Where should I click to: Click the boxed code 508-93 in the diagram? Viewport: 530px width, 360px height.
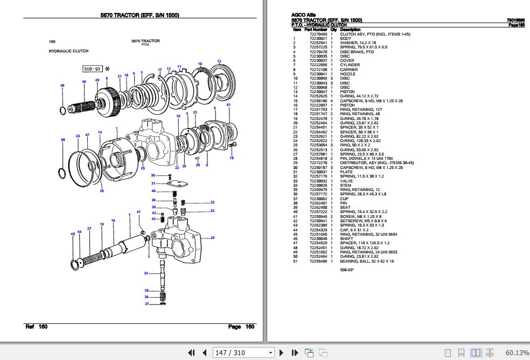92,69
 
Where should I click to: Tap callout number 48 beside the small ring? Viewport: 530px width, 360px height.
62,86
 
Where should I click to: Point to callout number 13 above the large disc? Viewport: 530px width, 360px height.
219,61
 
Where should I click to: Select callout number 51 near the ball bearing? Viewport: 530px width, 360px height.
228,104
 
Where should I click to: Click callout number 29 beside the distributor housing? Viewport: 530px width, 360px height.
212,238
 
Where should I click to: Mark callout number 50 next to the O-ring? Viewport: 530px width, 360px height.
63,140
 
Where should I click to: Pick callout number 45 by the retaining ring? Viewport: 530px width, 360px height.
73,234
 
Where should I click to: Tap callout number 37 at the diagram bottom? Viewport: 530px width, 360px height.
146,304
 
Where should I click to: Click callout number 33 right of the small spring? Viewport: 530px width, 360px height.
212,210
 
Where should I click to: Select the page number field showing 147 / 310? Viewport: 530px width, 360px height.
243,352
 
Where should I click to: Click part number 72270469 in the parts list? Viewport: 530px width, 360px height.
317,34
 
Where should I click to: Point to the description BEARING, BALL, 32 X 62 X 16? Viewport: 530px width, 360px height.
367,262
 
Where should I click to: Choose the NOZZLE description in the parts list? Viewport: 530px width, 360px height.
348,74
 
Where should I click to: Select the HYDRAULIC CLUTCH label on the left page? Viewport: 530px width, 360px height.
68,51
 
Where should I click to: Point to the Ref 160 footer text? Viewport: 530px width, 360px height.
37,327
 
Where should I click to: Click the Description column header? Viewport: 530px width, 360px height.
351,30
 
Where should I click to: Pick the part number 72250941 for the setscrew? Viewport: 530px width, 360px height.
317,221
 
